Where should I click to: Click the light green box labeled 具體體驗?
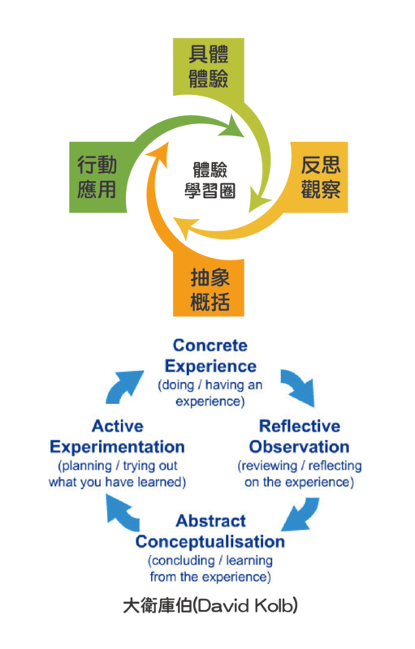coord(209,67)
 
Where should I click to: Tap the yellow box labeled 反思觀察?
coord(319,177)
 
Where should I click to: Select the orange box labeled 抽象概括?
coord(209,288)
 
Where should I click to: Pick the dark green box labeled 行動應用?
coord(98,177)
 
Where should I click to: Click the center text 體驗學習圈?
coord(210,180)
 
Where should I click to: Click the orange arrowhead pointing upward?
coord(159,154)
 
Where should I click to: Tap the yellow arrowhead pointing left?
coord(184,228)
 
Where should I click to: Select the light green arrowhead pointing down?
coord(259,200)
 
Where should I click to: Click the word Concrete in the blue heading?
coord(210,346)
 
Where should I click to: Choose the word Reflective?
coord(300,427)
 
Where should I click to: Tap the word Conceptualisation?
coord(210,542)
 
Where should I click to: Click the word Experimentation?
coord(117,447)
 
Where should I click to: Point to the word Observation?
coord(299,447)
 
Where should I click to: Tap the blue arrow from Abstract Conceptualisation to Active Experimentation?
coord(122,514)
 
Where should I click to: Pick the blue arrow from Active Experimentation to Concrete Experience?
coord(123,386)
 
